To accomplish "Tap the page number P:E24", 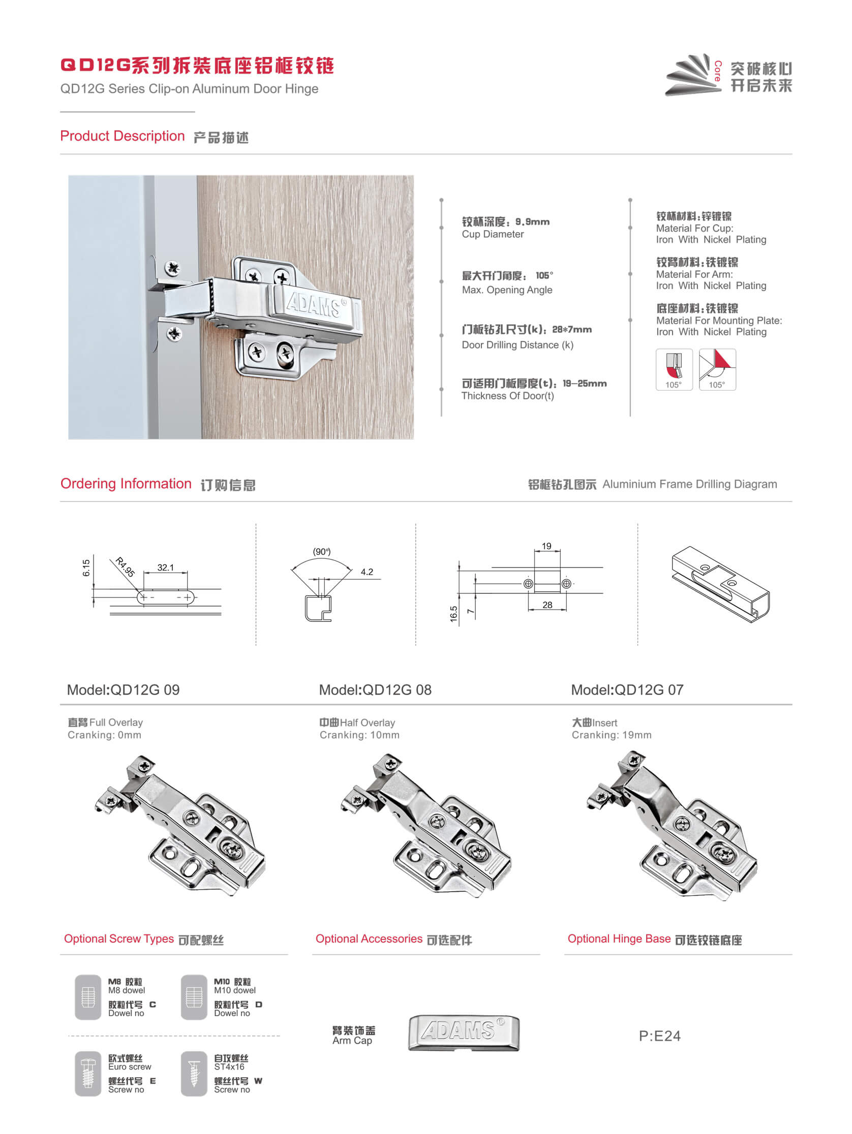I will click(x=659, y=1035).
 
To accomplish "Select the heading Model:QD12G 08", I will click(x=375, y=689).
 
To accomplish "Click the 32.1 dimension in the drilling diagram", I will click(x=165, y=568).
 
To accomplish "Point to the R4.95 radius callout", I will click(x=125, y=567).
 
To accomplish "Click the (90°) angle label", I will click(x=322, y=552).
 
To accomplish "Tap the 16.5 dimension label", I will click(x=453, y=614).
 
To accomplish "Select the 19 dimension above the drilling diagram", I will click(x=546, y=546).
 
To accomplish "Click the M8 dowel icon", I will click(x=88, y=997).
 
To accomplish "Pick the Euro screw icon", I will click(x=88, y=1073).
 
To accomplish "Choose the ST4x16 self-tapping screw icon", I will click(x=194, y=1073).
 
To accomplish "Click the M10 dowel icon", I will click(x=194, y=997).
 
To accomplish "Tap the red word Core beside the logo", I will click(x=718, y=71).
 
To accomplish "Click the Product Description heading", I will click(x=122, y=136).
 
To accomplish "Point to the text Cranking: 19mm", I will click(x=612, y=735).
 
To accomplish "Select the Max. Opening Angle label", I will click(x=507, y=290).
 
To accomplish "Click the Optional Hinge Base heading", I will click(x=619, y=939).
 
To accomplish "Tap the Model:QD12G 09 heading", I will click(x=123, y=689).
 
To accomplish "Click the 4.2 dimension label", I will click(x=367, y=572).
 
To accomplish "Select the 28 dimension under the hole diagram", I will click(x=547, y=605).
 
